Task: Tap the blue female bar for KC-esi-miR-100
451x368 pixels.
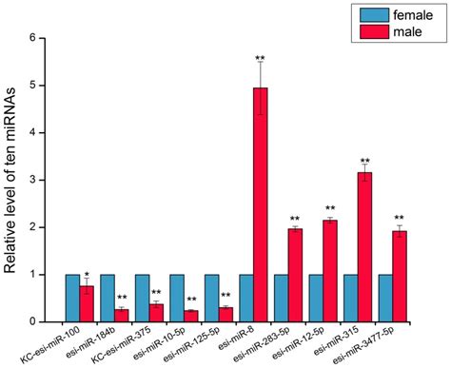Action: (73, 298)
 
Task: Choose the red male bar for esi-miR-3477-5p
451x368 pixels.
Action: (400, 276)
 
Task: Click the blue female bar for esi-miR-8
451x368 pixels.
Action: (246, 298)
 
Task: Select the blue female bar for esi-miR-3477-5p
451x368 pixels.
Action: (385, 298)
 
